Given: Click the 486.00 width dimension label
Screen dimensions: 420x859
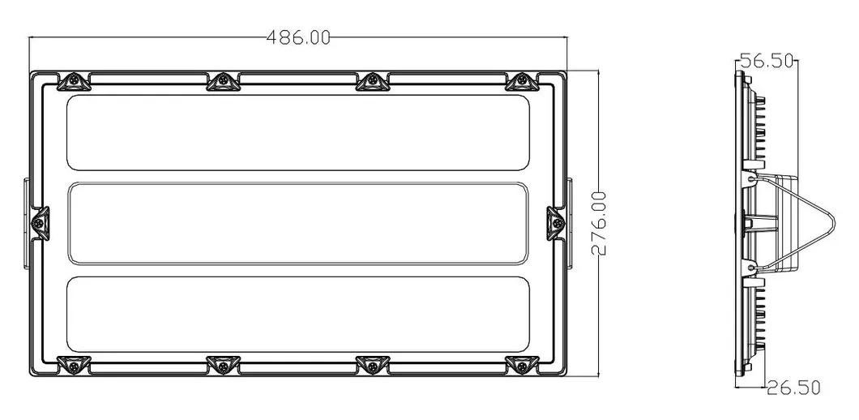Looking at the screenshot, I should tap(299, 37).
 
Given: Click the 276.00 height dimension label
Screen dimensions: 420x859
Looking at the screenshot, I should tap(599, 224).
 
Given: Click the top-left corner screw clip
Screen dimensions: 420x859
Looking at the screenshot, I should tap(73, 81).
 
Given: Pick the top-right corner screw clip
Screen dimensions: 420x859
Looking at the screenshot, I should tap(519, 81).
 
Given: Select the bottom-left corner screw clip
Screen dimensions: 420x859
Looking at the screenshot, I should tap(73, 366).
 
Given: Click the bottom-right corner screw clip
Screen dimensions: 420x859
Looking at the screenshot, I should tap(519, 366).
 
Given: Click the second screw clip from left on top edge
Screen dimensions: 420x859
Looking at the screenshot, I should tap(221, 81).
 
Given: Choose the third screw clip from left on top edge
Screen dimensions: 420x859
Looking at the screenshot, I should tap(371, 81).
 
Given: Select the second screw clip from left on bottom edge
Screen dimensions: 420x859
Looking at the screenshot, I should tap(221, 366).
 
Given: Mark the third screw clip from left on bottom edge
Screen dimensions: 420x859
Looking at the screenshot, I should tap(371, 366).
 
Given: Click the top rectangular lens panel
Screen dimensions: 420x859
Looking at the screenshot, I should tap(298, 133).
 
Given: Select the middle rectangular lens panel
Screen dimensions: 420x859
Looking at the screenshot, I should tap(298, 223).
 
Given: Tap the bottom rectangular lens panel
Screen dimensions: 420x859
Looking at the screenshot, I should tap(298, 314).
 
